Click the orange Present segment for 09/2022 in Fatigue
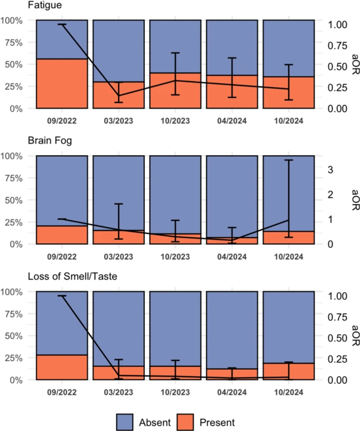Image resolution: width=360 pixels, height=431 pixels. click(62, 83)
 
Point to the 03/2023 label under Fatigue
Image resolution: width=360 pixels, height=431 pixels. click(119, 120)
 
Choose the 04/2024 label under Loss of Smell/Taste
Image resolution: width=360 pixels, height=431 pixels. click(232, 392)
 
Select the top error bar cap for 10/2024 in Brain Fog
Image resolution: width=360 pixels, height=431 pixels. click(288, 160)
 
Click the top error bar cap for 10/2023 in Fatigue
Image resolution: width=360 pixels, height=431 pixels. click(175, 53)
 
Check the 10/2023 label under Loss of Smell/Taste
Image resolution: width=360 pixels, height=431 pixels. click(175, 392)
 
